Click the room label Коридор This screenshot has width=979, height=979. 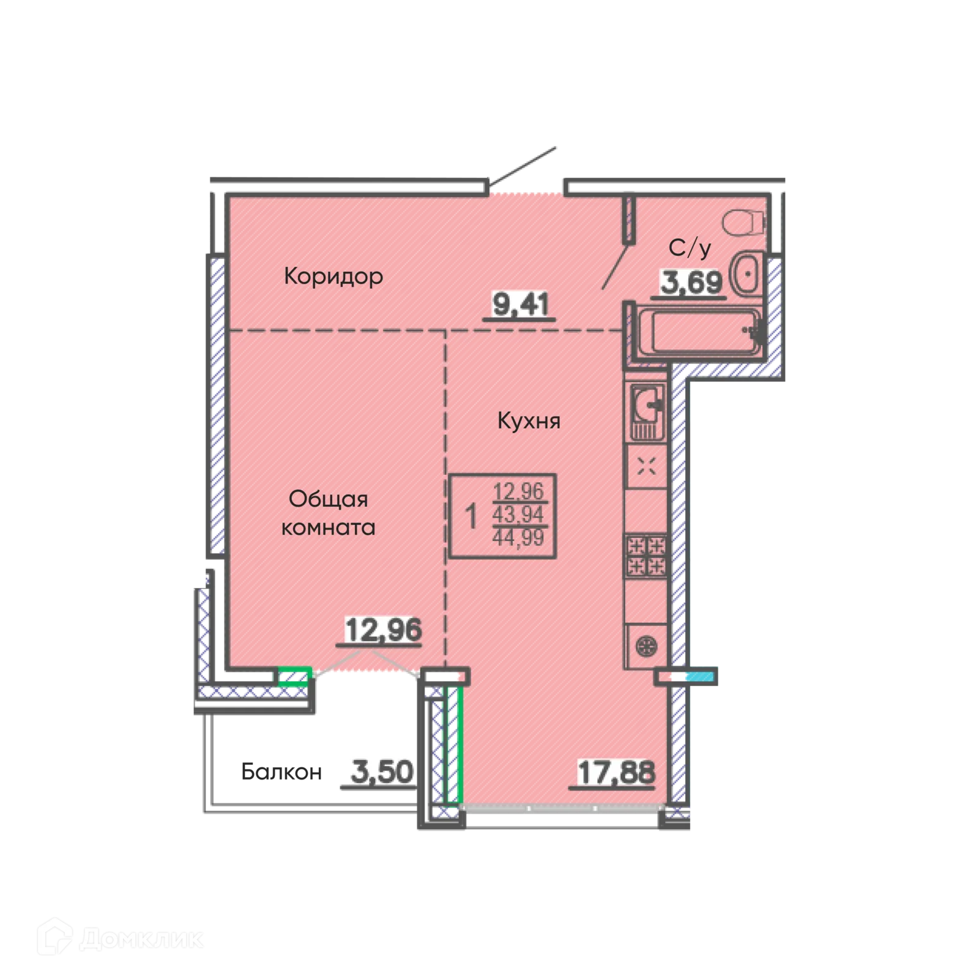(x=333, y=277)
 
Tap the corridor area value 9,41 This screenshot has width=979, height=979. (x=520, y=304)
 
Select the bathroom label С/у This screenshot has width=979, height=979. (x=690, y=248)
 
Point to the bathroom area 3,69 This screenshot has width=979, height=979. (x=691, y=282)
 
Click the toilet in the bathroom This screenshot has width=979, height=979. (x=743, y=222)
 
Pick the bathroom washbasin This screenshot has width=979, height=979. (x=746, y=274)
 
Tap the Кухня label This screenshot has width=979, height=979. (x=529, y=421)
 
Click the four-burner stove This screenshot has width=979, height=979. (x=646, y=556)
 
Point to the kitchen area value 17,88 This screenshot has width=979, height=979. (x=616, y=772)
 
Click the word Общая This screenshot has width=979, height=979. (x=328, y=499)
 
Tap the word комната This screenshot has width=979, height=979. (x=328, y=527)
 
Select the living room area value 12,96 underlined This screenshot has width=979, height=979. (x=383, y=630)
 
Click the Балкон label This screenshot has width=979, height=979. (x=281, y=772)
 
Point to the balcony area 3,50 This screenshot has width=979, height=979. (x=382, y=772)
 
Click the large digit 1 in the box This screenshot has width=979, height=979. (x=471, y=516)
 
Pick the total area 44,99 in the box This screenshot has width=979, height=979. (x=518, y=538)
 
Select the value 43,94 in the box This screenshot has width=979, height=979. (x=518, y=515)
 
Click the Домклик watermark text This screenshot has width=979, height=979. (x=141, y=939)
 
